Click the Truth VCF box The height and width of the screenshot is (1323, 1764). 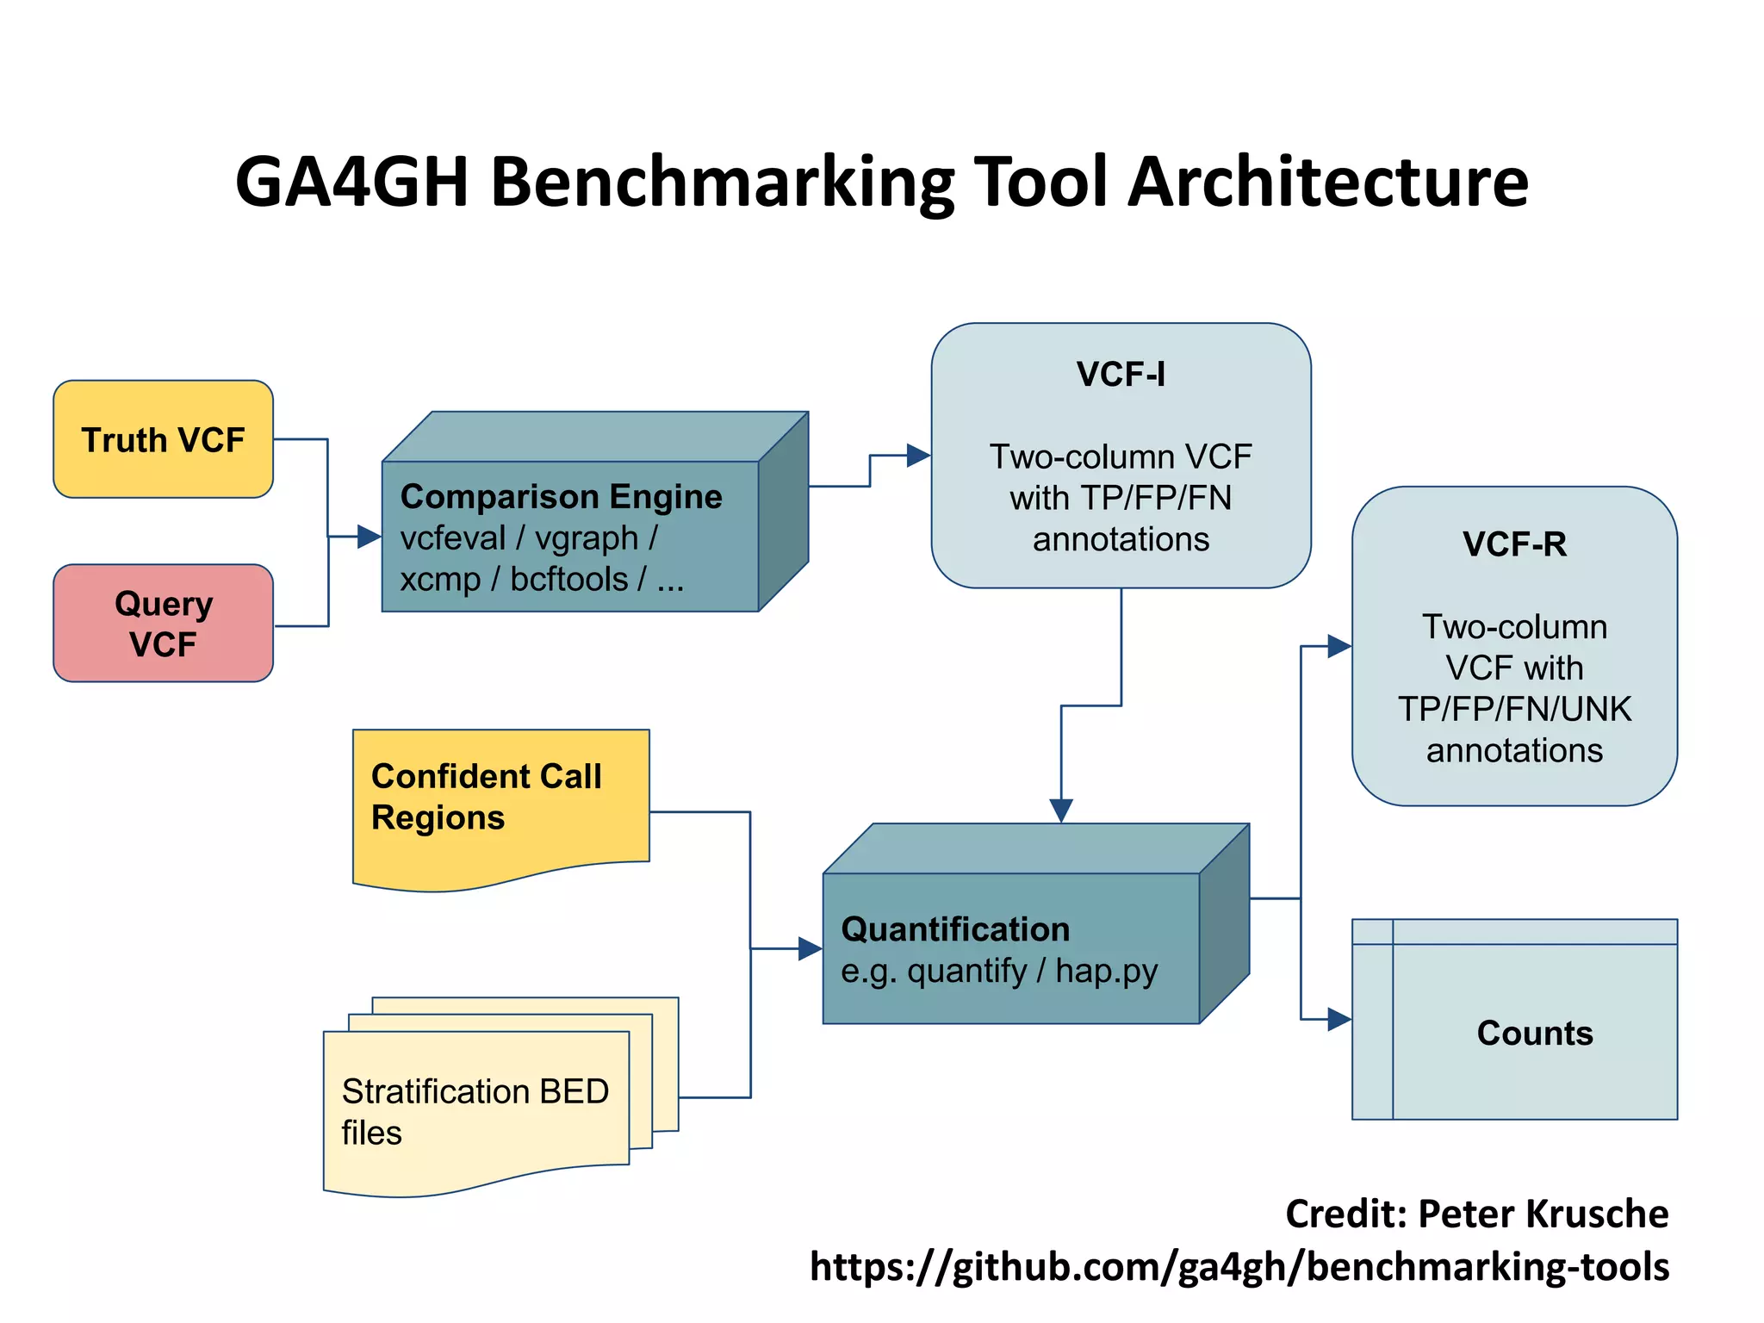tap(163, 439)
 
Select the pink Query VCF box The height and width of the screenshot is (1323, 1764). tap(163, 624)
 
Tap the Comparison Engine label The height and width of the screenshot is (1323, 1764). tap(561, 497)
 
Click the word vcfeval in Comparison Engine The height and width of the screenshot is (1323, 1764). tap(452, 538)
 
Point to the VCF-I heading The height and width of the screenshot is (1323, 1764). tap(1120, 375)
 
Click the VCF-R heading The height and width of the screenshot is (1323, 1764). tap(1513, 544)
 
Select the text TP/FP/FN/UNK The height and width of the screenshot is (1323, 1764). tap(1513, 709)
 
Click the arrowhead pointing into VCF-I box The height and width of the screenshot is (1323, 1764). tap(918, 456)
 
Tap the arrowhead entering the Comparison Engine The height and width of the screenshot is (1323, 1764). tap(370, 537)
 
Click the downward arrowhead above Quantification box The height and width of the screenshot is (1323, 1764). tap(1061, 810)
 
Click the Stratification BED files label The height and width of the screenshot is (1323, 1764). tap(475, 1111)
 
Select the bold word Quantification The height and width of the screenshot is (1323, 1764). tap(954, 929)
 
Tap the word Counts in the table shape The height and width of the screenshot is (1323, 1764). tap(1534, 1033)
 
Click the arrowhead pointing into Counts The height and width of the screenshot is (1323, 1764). tap(1339, 1020)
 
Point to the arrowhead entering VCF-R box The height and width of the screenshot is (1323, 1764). tap(1339, 646)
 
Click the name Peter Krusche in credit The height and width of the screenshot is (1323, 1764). tap(1543, 1214)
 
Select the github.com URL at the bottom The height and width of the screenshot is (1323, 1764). tap(1239, 1267)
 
